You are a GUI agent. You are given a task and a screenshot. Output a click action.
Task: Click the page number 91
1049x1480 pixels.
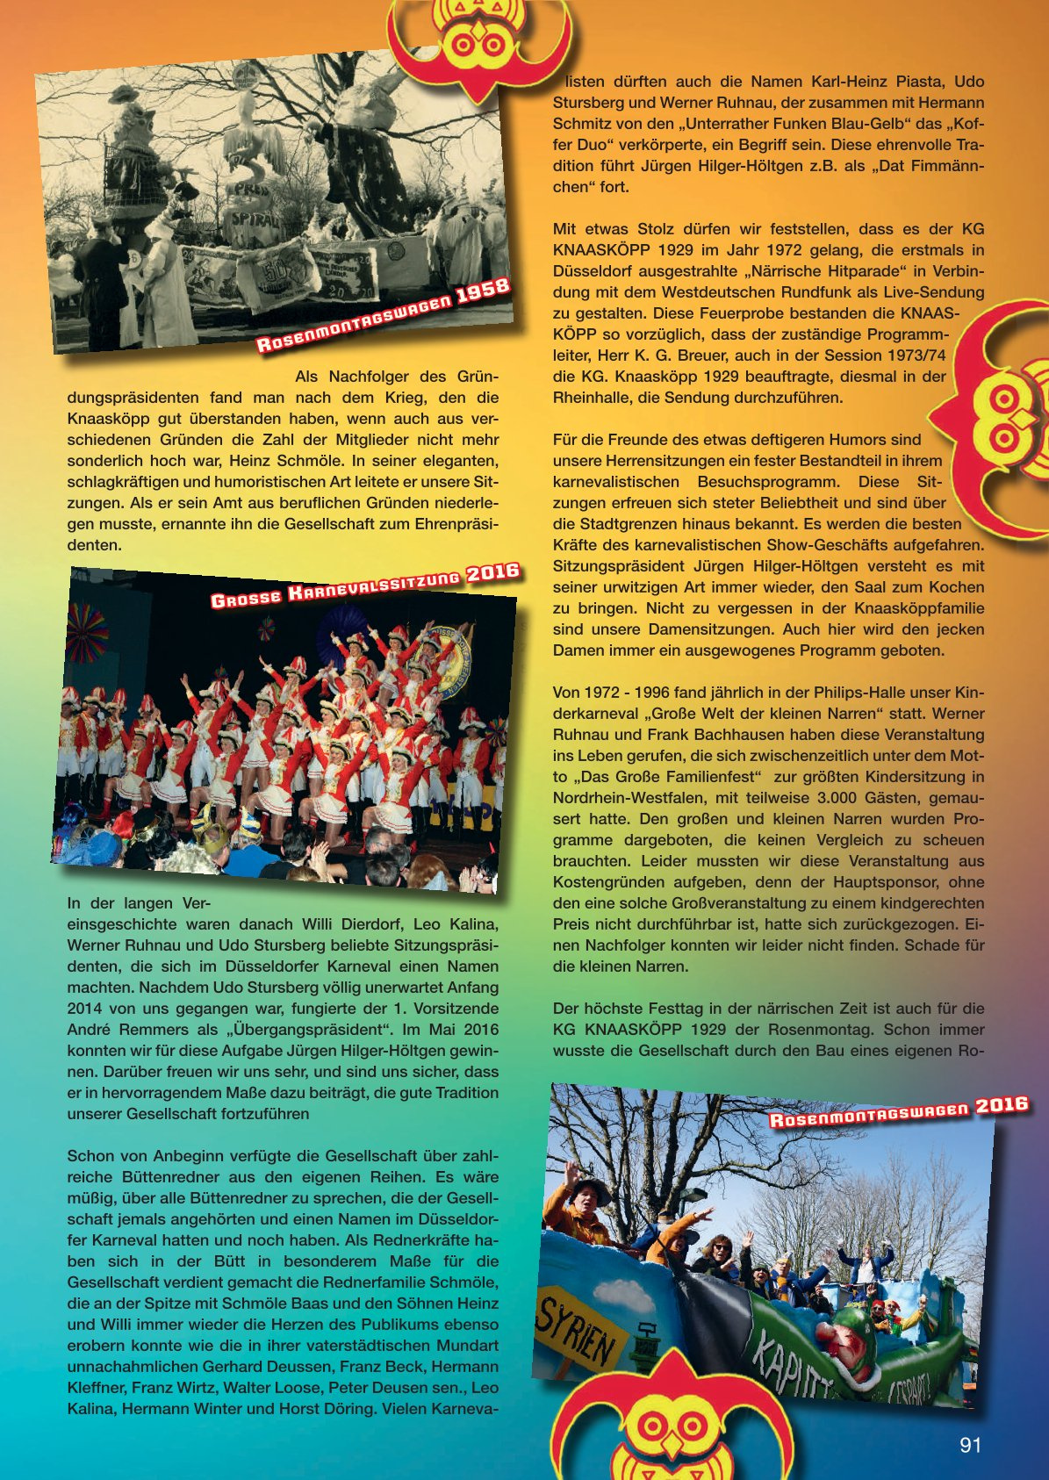point(970,1445)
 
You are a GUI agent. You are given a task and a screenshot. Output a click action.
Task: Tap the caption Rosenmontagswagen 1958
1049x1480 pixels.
point(383,315)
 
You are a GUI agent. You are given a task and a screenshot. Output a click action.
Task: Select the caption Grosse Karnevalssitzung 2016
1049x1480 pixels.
point(365,587)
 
